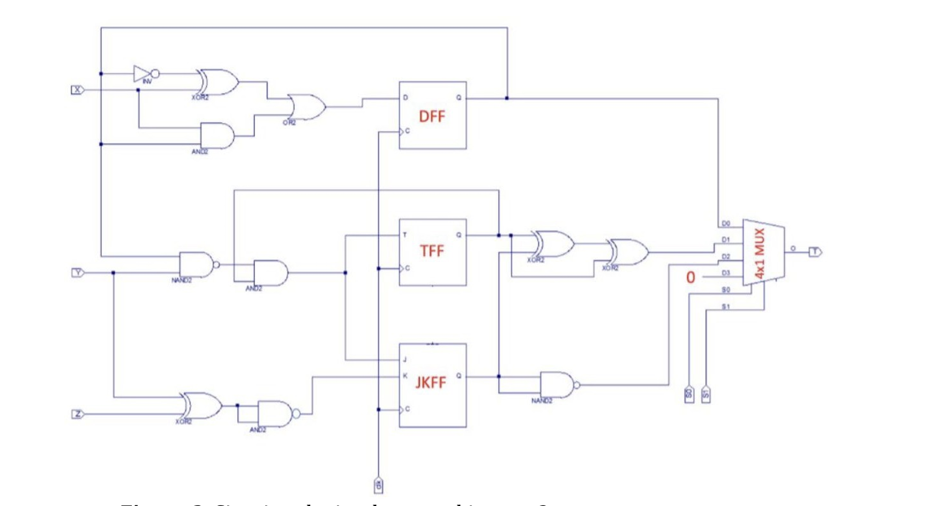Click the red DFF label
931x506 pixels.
point(431,116)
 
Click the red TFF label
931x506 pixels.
point(432,251)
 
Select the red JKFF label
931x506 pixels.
point(431,382)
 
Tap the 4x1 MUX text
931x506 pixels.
point(760,254)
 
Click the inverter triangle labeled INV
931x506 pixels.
point(142,74)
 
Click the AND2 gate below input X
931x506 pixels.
point(217,136)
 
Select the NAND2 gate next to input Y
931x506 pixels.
point(196,264)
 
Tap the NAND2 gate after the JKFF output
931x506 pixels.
point(557,385)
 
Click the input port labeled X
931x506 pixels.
point(78,90)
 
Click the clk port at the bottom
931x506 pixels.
point(378,485)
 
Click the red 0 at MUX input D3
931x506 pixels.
point(690,278)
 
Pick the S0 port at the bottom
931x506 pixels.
point(689,394)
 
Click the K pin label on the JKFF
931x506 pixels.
point(405,376)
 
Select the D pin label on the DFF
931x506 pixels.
point(406,98)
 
